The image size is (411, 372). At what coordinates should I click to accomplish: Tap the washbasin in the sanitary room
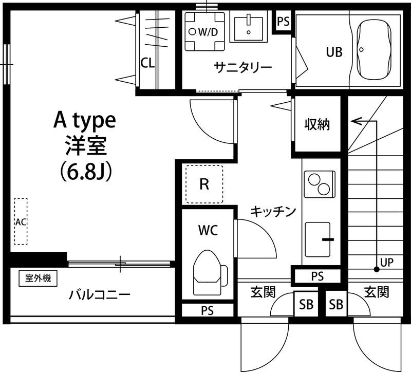[x=248, y=28]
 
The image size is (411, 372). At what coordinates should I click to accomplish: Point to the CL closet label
[x=147, y=63]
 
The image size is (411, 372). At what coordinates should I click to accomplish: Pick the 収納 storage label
[x=317, y=124]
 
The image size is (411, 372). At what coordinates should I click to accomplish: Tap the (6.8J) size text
[x=85, y=171]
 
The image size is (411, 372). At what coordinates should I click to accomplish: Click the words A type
[x=85, y=121]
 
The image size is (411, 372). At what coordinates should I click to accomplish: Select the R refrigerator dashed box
[x=204, y=184]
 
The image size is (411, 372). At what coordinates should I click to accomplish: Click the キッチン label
[x=273, y=211]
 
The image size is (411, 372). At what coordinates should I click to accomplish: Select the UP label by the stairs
[x=387, y=263]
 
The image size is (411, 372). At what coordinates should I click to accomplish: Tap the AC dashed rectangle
[x=21, y=221]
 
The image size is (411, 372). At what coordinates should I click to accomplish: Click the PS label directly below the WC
[x=207, y=310]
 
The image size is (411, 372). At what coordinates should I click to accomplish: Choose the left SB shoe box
[x=306, y=305]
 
